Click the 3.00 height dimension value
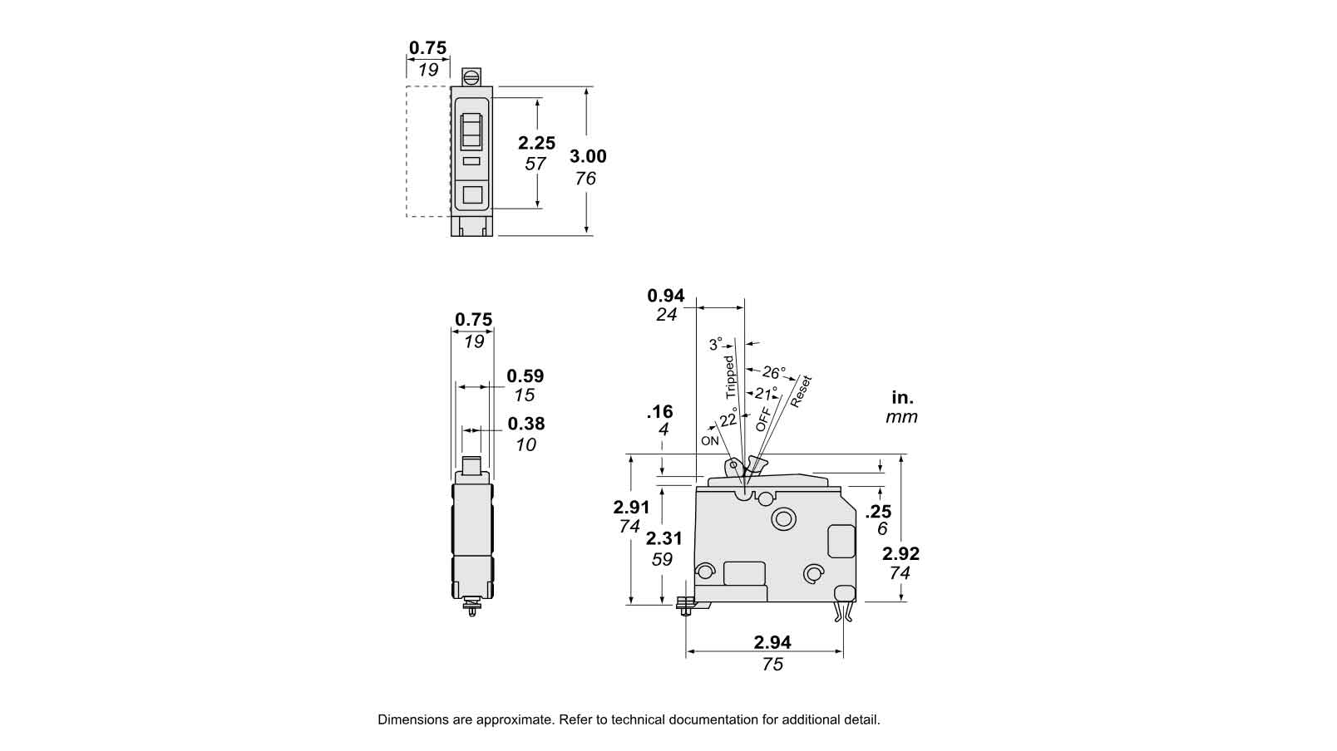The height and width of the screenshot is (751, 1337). pyautogui.click(x=588, y=156)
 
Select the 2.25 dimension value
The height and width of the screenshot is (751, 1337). pyautogui.click(x=536, y=143)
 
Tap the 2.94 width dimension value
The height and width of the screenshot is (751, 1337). pyautogui.click(x=772, y=642)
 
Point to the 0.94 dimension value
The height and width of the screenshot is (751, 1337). pyautogui.click(x=665, y=295)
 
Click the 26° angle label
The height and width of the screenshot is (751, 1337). pyautogui.click(x=773, y=372)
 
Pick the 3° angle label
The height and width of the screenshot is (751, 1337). pyautogui.click(x=716, y=344)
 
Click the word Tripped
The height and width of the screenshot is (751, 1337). pyautogui.click(x=729, y=378)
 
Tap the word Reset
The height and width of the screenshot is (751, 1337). pyautogui.click(x=801, y=392)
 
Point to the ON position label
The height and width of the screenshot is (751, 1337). pyautogui.click(x=710, y=441)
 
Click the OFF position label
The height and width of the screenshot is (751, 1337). pyautogui.click(x=763, y=420)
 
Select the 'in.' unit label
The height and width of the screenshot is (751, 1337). pyautogui.click(x=902, y=397)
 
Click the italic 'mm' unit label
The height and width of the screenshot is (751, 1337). pyautogui.click(x=901, y=417)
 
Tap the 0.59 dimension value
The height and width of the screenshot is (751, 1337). pyautogui.click(x=525, y=375)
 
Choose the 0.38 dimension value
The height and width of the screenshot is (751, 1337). pyautogui.click(x=525, y=424)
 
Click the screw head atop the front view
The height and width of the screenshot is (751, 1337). pyautogui.click(x=471, y=77)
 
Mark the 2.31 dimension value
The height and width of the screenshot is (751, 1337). pyautogui.click(x=664, y=538)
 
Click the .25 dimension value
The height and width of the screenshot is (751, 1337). pyautogui.click(x=879, y=512)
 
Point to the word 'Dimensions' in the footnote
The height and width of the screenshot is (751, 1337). pyautogui.click(x=412, y=720)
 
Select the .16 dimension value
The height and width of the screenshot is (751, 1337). pyautogui.click(x=660, y=411)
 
